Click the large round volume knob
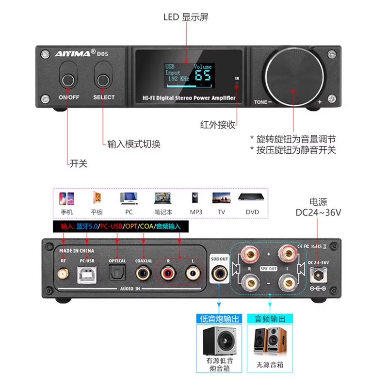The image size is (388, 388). pyautogui.click(x=293, y=74)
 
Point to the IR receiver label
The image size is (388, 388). pyautogui.click(x=237, y=78)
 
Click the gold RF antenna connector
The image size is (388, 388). pyautogui.click(x=64, y=275)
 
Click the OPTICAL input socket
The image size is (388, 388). pyautogui.click(x=117, y=275)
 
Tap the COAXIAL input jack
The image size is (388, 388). pyautogui.click(x=144, y=275)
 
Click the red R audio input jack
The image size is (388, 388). pyautogui.click(x=168, y=275)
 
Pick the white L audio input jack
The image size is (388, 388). pyautogui.click(x=193, y=275)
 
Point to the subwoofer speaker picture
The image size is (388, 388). pyautogui.click(x=219, y=339)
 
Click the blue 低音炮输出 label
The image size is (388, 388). pyautogui.click(x=219, y=319)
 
